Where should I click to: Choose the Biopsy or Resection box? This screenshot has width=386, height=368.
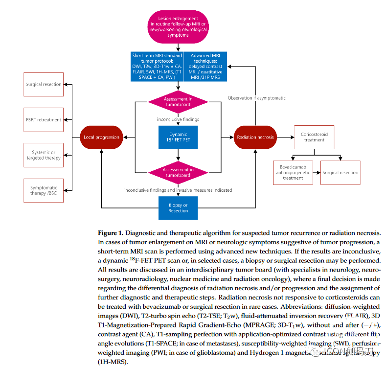178,207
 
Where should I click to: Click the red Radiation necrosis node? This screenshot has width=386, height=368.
255,137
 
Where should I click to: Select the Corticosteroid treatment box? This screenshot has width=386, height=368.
314,137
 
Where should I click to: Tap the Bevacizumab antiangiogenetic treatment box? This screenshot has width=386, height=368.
293,172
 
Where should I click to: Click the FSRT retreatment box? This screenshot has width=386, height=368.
44,120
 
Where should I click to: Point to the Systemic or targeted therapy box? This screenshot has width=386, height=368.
44,155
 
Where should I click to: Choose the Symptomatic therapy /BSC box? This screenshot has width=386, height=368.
44,190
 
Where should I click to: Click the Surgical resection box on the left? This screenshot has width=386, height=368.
44,85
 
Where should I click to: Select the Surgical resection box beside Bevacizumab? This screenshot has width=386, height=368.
341,172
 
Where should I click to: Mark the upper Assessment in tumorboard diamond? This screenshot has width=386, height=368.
178,102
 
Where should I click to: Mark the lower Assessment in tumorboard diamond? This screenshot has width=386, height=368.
178,172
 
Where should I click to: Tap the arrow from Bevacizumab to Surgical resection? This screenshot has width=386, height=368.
316,172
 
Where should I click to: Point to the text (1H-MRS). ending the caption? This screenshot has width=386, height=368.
112,362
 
